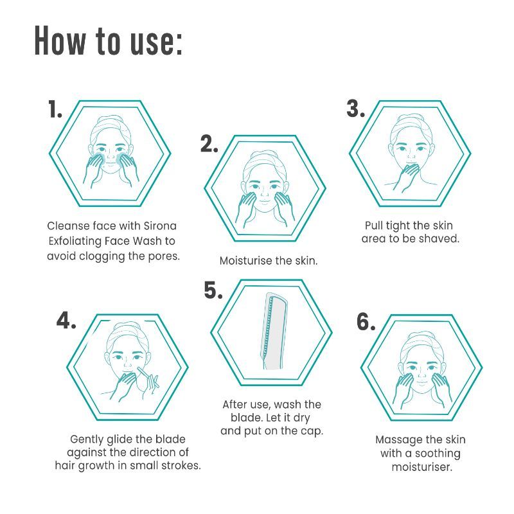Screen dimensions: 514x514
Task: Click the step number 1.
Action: click(55, 109)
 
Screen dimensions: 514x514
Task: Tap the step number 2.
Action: click(209, 144)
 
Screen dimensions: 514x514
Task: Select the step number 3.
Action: click(356, 109)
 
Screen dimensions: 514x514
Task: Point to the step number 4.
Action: click(66, 320)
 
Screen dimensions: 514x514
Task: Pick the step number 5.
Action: click(213, 290)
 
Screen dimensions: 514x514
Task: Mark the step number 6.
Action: click(366, 322)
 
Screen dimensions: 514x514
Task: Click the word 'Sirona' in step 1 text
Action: click(160, 226)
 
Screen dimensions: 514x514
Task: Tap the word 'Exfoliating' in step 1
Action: click(75, 242)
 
